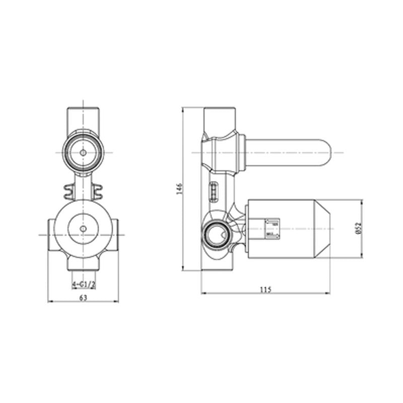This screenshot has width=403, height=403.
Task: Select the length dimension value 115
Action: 265,289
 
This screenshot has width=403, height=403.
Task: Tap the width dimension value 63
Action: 83,298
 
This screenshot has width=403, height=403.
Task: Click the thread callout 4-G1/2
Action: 83,285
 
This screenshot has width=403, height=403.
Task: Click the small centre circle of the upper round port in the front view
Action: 83,152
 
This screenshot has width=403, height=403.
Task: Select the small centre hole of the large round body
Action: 83,229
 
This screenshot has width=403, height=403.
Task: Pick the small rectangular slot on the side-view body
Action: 214,192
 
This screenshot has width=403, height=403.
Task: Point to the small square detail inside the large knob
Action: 272,228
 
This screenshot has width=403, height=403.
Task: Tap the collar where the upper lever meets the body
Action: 242,152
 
